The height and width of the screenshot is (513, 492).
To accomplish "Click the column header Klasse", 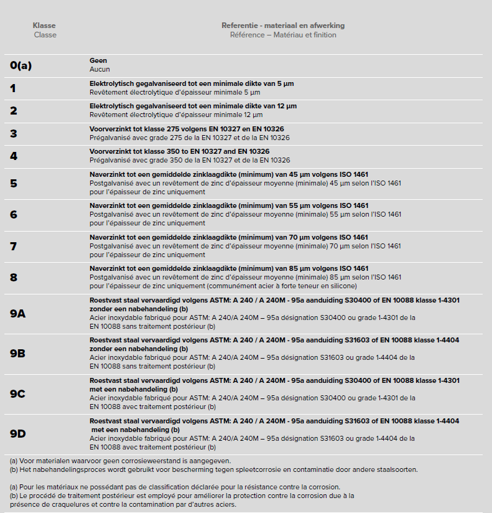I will [44, 26].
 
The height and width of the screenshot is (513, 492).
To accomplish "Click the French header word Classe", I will [45, 35].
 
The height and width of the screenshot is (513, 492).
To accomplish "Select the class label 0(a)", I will [21, 65].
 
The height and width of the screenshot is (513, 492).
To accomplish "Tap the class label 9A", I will [17, 313].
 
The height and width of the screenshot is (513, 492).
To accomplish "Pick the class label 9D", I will [17, 433].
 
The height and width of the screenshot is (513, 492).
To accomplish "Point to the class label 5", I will [13, 183].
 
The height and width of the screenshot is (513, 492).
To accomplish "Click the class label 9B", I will [17, 353].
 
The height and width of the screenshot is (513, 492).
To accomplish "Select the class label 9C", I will [17, 393].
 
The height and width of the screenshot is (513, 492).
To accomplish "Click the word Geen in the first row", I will [98, 61].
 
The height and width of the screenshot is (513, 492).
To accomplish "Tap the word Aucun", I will [100, 69].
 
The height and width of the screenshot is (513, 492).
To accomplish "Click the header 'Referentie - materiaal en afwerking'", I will [283, 26].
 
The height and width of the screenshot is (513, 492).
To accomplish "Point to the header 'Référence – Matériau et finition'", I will [283, 35].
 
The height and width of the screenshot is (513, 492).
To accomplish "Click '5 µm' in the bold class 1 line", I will [285, 83].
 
